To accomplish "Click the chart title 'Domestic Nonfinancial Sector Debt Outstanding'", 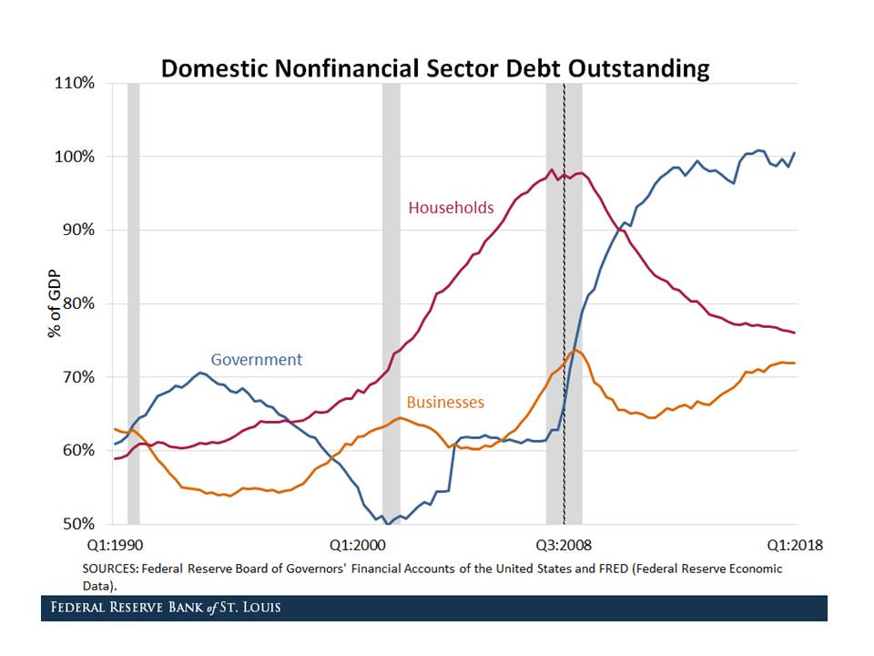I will [434, 68].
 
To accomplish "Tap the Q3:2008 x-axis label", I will [564, 545].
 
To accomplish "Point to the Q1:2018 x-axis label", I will [794, 545].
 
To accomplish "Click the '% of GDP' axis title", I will [55, 303].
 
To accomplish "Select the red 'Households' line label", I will [451, 208].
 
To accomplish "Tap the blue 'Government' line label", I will [256, 359].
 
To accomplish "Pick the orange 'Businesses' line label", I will [445, 402].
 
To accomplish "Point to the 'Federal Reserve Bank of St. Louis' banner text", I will [166, 608].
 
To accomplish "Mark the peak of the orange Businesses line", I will [574, 351].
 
